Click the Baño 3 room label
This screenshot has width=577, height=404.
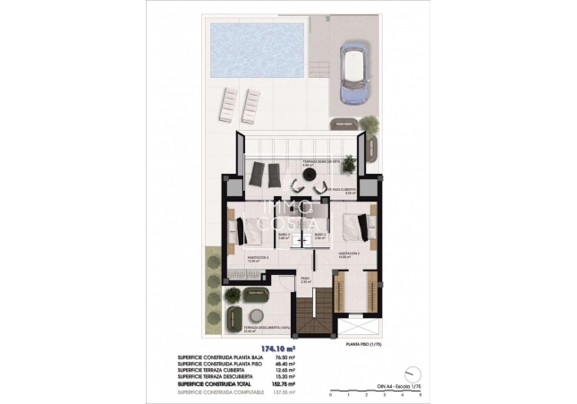pyautogui.click(x=284, y=236)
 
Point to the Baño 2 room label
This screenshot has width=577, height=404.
pyautogui.click(x=319, y=236)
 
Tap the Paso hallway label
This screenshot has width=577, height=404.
pyautogui.click(x=305, y=279)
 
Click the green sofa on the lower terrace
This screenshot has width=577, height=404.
pyautogui.click(x=235, y=316)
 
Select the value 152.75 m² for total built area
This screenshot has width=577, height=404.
pyautogui.click(x=284, y=383)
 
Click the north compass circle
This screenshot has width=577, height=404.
pyautogui.click(x=412, y=372)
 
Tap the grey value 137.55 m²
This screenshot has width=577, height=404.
pyautogui.click(x=284, y=390)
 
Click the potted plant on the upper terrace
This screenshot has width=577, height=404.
pyautogui.click(x=348, y=164)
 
